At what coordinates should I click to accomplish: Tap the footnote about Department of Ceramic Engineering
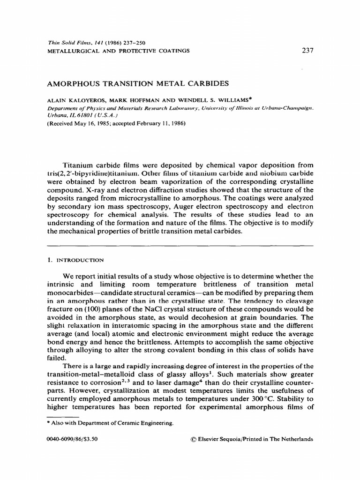tap(112, 423)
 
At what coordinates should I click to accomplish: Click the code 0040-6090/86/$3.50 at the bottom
tap(74, 440)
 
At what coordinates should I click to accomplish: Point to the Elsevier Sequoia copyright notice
tap(249, 440)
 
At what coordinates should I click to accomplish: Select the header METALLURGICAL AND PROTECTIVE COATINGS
tap(119, 50)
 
